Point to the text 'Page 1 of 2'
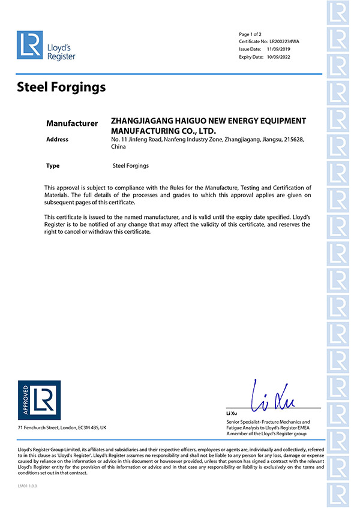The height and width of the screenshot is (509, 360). pyautogui.click(x=251, y=34)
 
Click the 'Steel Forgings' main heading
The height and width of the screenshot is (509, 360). pyautogui.click(x=61, y=88)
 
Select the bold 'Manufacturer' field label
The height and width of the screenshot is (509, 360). pyautogui.click(x=72, y=124)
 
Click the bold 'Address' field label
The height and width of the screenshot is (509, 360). pyautogui.click(x=58, y=140)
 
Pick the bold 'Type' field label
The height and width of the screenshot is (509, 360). pyautogui.click(x=53, y=165)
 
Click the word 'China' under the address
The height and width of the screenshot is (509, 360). pyautogui.click(x=118, y=146)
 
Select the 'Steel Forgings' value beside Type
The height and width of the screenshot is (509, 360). pyautogui.click(x=130, y=165)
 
